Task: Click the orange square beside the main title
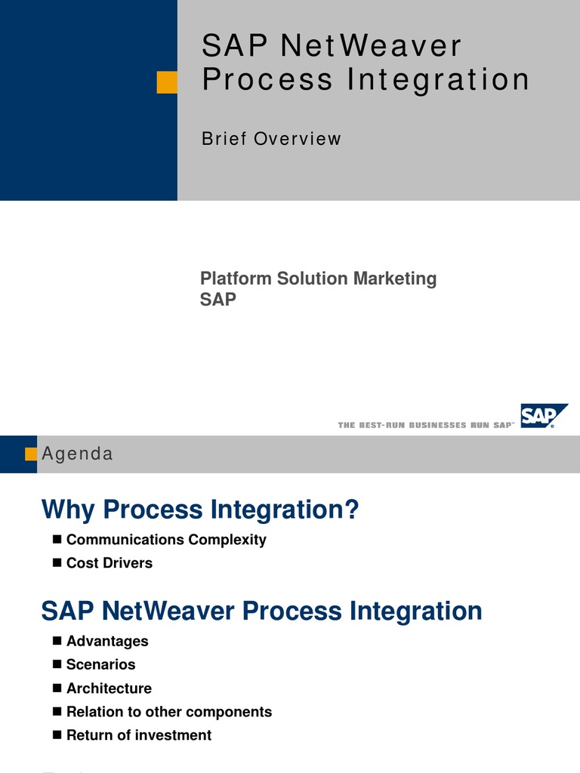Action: [x=167, y=82]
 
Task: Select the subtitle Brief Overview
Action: [x=271, y=139]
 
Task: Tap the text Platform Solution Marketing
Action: [x=318, y=279]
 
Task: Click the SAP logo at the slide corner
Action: [x=542, y=416]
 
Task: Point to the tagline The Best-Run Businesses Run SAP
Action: [x=426, y=426]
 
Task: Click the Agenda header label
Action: [x=77, y=454]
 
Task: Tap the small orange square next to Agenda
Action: [x=31, y=454]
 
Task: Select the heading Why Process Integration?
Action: [x=199, y=510]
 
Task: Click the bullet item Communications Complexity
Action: [x=166, y=540]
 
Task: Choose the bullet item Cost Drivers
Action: [x=110, y=563]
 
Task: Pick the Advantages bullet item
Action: [x=107, y=641]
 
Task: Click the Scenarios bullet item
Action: [x=101, y=664]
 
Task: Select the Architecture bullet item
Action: [x=109, y=688]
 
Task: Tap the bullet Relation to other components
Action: [x=169, y=712]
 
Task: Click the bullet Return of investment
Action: [x=139, y=735]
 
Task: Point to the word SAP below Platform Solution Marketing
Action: [x=218, y=300]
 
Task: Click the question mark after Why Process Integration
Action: [x=350, y=510]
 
